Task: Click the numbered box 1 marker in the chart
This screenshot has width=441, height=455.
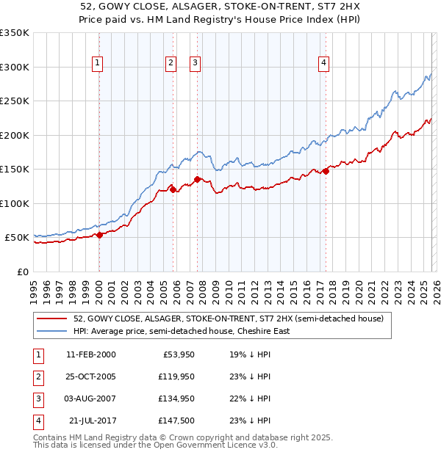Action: [x=98, y=64]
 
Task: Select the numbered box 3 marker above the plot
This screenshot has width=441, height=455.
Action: [x=196, y=64]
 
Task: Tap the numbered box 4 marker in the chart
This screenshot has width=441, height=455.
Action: [x=323, y=64]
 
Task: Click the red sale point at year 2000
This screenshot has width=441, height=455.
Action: [x=100, y=235]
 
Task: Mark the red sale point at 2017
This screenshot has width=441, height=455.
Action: [x=326, y=172]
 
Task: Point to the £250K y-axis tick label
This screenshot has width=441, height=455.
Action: [x=14, y=101]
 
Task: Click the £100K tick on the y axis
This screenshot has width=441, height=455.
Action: [x=14, y=203]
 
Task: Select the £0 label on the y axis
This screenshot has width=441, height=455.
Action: [x=21, y=272]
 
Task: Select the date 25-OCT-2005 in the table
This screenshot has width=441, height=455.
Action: [x=90, y=376]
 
